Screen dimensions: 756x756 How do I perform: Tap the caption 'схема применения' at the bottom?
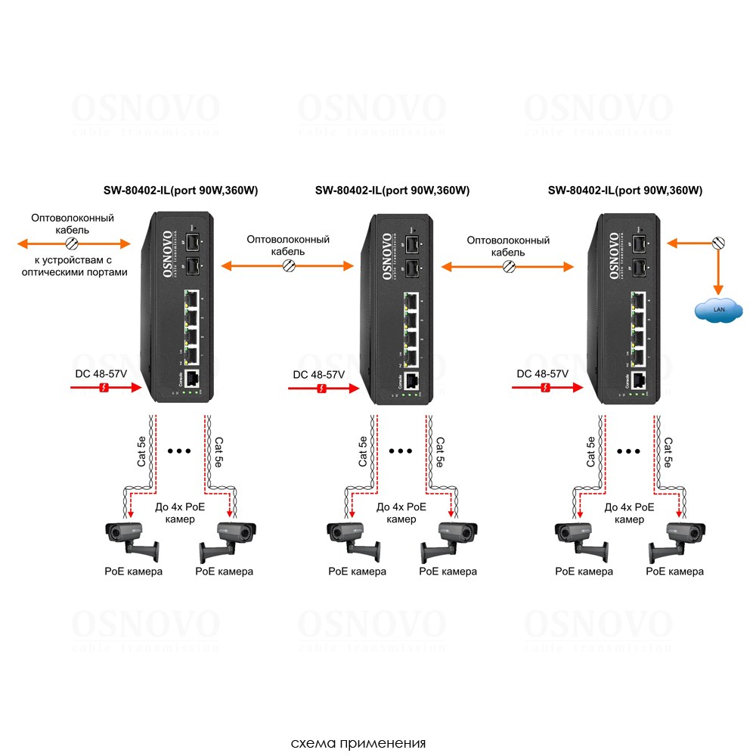358,743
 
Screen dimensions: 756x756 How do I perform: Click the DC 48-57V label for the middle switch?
319,374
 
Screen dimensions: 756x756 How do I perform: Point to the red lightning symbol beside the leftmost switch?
105,388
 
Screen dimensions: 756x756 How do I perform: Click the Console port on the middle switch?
413,381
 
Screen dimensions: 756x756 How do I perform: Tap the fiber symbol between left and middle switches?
288,266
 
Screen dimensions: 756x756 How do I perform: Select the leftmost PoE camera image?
133,538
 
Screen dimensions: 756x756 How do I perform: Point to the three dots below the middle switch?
401,451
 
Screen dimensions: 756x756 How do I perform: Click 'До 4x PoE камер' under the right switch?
629,513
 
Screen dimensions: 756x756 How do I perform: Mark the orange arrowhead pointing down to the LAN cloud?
717,290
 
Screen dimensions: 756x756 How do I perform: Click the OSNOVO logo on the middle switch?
387,256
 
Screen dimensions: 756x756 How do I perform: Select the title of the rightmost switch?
624,191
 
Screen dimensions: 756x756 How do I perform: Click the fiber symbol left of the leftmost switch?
72,243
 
